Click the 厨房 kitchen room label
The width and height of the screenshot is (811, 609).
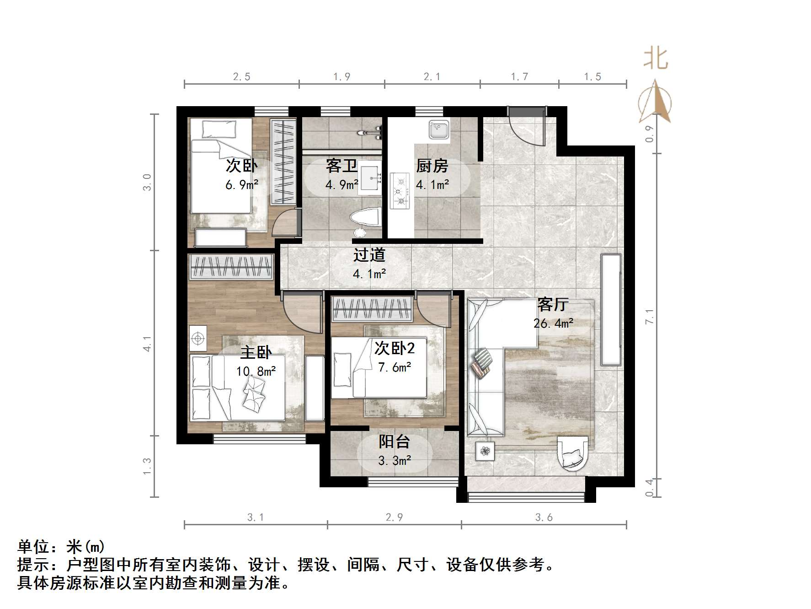[432, 166]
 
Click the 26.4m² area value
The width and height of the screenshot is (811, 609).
[553, 323]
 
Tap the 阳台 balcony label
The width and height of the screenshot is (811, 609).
[394, 442]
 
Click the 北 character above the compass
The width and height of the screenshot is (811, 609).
[656, 59]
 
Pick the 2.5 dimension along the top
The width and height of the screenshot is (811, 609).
[241, 77]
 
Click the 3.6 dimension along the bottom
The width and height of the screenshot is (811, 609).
[544, 517]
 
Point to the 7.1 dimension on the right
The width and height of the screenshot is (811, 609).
[649, 317]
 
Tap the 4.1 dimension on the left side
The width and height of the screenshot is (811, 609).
[147, 343]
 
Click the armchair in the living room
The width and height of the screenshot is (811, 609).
[572, 453]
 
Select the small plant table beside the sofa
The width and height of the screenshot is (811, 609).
[485, 452]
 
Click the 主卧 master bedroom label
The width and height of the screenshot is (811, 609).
[256, 352]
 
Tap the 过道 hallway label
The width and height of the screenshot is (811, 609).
[369, 255]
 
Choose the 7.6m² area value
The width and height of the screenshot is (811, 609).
[395, 367]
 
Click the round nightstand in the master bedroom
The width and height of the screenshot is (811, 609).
[198, 338]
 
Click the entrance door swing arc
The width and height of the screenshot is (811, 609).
[526, 130]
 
